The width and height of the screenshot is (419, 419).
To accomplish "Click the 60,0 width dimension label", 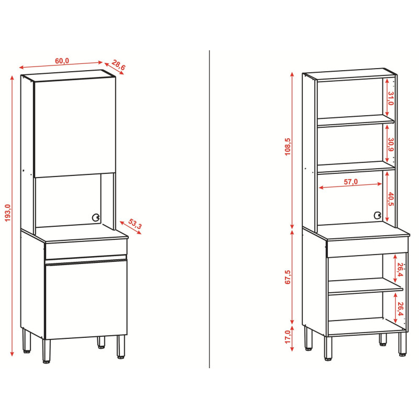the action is (62, 61).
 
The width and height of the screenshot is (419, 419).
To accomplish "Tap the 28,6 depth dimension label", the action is (118, 65).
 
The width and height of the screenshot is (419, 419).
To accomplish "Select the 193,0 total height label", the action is (7, 213).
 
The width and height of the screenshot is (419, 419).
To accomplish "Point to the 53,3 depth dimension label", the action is (135, 224).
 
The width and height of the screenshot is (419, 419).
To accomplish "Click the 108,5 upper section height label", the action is (288, 147).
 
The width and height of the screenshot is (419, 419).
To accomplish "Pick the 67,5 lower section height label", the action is (288, 277).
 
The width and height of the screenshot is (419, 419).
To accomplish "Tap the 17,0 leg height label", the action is (288, 337).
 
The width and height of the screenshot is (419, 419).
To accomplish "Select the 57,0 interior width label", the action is (350, 182).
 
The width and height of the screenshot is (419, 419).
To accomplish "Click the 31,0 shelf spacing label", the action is (391, 98).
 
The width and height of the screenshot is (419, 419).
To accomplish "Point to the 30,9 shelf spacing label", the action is (391, 145).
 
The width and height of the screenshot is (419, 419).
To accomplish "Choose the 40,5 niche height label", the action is (391, 199).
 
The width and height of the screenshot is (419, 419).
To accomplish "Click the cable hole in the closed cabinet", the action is (95, 217).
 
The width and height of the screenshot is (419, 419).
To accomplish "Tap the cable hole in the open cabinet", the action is (377, 215).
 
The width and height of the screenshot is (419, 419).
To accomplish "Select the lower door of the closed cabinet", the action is (86, 299).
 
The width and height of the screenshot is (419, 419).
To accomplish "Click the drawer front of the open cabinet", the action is (368, 247).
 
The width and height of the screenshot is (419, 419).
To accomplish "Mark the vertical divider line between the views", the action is (210, 209).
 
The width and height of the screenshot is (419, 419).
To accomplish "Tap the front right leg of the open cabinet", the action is (402, 344).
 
